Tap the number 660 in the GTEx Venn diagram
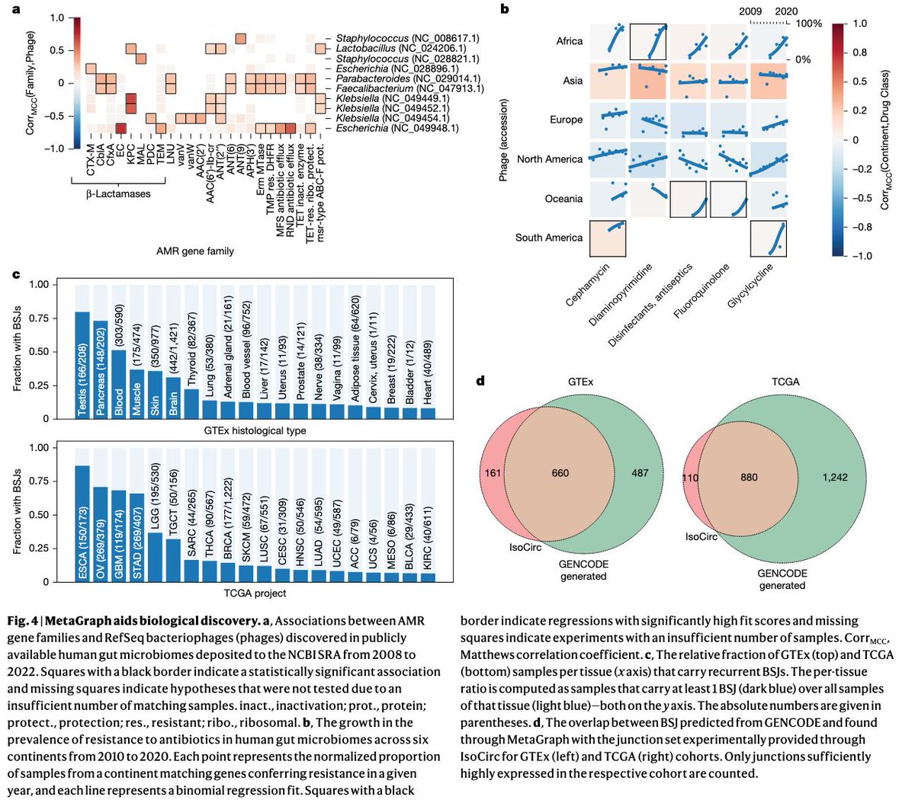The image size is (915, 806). pyautogui.click(x=560, y=473)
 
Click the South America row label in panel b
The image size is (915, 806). pyautogui.click(x=548, y=238)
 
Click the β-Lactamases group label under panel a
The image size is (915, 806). pyautogui.click(x=117, y=194)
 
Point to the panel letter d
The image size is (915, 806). pyautogui.click(x=481, y=379)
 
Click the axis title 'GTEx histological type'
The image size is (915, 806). pyautogui.click(x=254, y=430)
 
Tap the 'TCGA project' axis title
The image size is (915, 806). pyautogui.click(x=254, y=593)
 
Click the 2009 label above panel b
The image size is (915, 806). pyautogui.click(x=751, y=11)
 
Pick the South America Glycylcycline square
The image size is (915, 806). pyautogui.click(x=769, y=238)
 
